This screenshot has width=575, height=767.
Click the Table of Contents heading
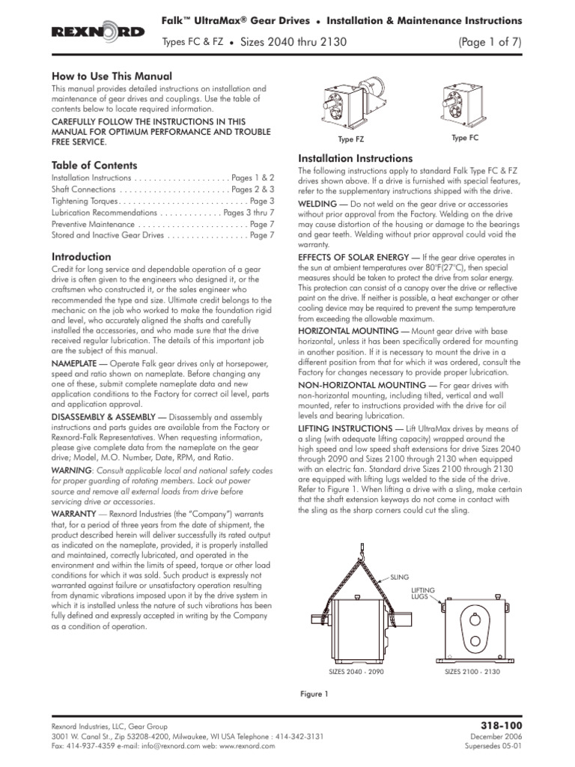tap(94, 165)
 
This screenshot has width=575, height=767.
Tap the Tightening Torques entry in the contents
tap(84, 201)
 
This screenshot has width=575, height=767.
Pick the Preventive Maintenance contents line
tap(93, 224)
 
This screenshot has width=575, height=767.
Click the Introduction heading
tap(81, 257)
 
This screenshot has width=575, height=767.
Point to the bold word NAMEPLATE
tap(73, 361)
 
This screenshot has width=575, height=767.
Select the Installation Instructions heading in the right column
tap(355, 159)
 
